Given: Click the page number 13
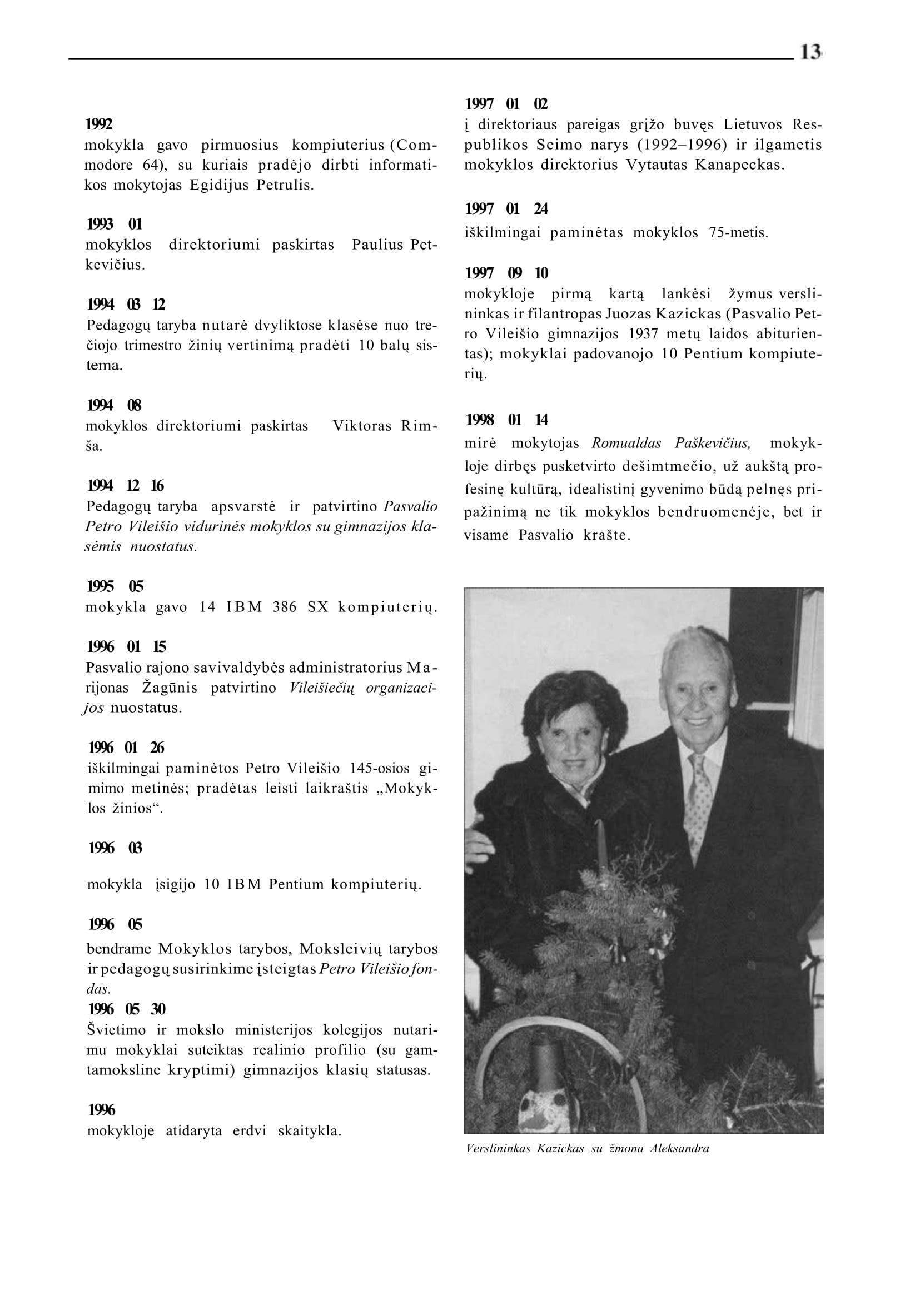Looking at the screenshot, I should coord(810,52).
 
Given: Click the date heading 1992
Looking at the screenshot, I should coord(98,124).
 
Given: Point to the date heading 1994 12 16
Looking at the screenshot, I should coord(126,485).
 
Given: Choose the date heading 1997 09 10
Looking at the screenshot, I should coord(506,273).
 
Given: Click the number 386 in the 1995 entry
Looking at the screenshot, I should coord(285,607).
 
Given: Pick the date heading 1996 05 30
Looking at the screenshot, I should coord(127,1009).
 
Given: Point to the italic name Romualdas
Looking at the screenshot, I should coord(626,443).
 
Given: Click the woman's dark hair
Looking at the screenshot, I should coord(572,703).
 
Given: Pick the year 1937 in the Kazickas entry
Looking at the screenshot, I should coord(643,334).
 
